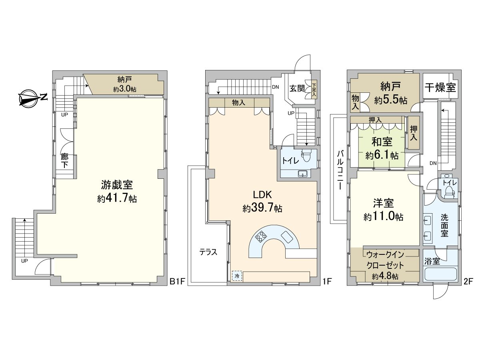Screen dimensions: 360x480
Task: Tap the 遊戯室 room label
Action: (x=117, y=185)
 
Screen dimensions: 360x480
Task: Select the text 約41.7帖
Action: (x=117, y=199)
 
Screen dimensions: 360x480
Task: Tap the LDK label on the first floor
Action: (x=262, y=195)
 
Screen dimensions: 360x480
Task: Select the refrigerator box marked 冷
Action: (x=237, y=276)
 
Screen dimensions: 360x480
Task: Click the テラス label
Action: (x=208, y=252)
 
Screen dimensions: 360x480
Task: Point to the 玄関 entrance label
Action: (x=298, y=88)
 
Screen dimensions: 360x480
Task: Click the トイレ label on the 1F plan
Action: (x=290, y=161)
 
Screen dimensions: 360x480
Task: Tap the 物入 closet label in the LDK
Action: (x=239, y=103)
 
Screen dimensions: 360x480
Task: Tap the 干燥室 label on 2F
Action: (x=440, y=88)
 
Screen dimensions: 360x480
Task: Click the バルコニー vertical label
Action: (x=340, y=170)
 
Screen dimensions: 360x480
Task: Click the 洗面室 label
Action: (x=445, y=225)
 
